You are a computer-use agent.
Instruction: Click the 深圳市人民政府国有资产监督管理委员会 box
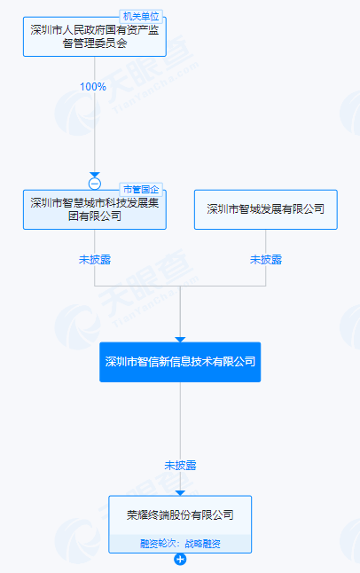(x=95, y=36)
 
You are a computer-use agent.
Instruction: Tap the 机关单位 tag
(x=141, y=17)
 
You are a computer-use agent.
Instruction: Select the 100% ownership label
(x=93, y=87)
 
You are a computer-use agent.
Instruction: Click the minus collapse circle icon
(x=95, y=184)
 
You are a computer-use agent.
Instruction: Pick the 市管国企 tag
(x=141, y=189)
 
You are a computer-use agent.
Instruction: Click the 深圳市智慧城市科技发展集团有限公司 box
(x=95, y=209)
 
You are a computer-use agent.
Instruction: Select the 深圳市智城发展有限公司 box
(x=266, y=209)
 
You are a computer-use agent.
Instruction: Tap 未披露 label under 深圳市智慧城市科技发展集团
(x=95, y=260)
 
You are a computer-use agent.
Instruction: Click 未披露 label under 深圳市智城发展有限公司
(x=266, y=260)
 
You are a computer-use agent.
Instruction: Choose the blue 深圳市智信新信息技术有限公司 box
(x=180, y=362)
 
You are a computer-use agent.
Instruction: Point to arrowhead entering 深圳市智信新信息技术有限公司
(x=180, y=340)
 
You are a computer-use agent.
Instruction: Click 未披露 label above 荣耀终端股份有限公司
(x=180, y=465)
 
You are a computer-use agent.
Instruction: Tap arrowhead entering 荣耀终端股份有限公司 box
(x=180, y=493)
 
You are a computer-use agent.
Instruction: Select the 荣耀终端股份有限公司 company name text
(x=180, y=514)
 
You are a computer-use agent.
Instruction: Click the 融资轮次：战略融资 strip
(x=180, y=544)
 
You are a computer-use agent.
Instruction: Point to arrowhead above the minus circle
(x=95, y=175)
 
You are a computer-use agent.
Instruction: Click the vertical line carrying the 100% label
(x=95, y=114)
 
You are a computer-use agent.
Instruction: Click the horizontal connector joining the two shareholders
(x=180, y=286)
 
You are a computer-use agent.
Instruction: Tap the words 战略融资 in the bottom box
(x=202, y=544)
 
